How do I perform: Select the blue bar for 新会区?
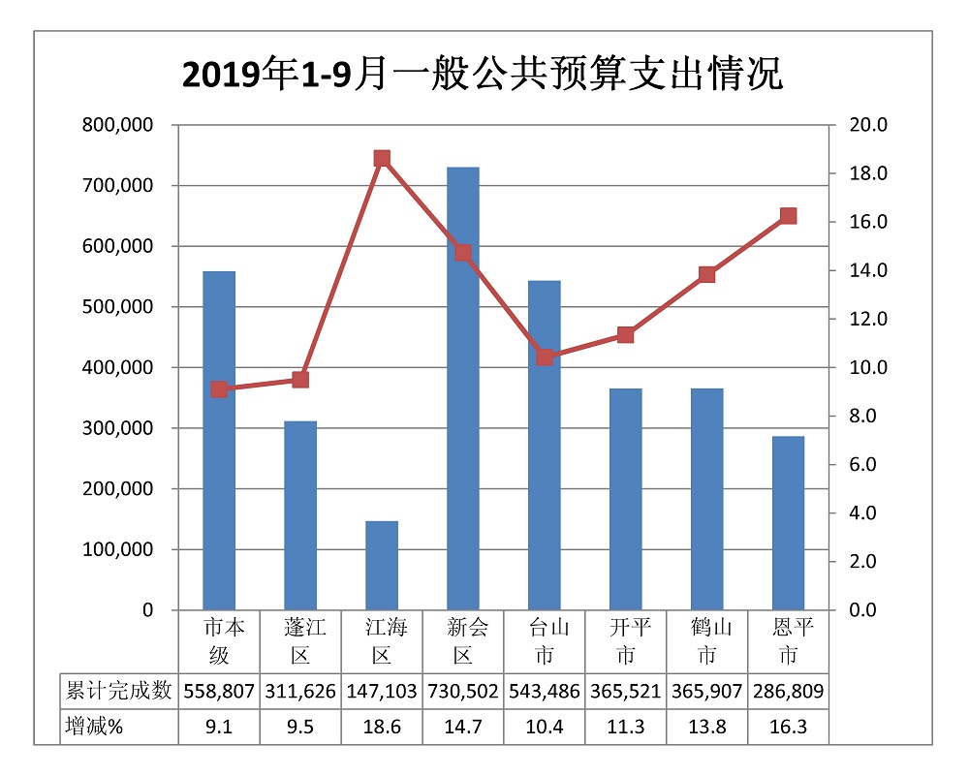463,388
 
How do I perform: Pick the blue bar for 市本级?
219,441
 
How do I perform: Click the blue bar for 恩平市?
789,523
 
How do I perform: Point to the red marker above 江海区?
382,159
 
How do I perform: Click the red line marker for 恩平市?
789,216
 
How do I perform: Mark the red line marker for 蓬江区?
300,380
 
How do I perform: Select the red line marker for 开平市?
626,335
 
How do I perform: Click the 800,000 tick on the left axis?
118,125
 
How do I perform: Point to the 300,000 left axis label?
118,428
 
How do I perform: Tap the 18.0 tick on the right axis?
869,173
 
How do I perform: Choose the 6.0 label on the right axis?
869,465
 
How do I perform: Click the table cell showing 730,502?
463,691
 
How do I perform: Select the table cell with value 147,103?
382,691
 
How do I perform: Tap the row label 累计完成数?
118,691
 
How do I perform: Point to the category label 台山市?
545,641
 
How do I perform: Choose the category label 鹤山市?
707,641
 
